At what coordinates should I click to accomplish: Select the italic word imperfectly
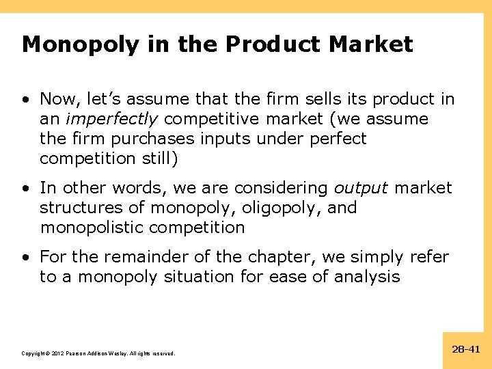coord(111,119)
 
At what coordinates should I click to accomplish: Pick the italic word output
coord(361,188)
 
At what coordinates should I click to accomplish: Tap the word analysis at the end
coord(366,277)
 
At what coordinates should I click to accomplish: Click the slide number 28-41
coord(466,349)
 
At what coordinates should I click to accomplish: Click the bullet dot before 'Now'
coord(25,100)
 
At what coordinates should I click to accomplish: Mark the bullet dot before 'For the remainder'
coord(25,258)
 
